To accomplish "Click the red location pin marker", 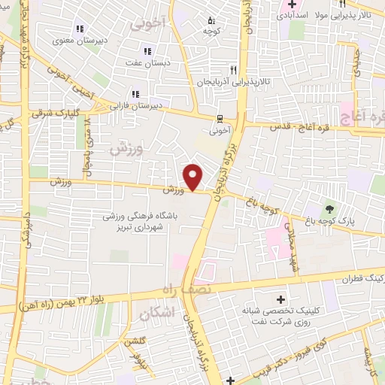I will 194,177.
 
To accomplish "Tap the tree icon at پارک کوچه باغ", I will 329,207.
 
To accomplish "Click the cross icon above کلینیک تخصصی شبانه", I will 282,299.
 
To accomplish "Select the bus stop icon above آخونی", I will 220,117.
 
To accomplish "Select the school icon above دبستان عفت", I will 147,52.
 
